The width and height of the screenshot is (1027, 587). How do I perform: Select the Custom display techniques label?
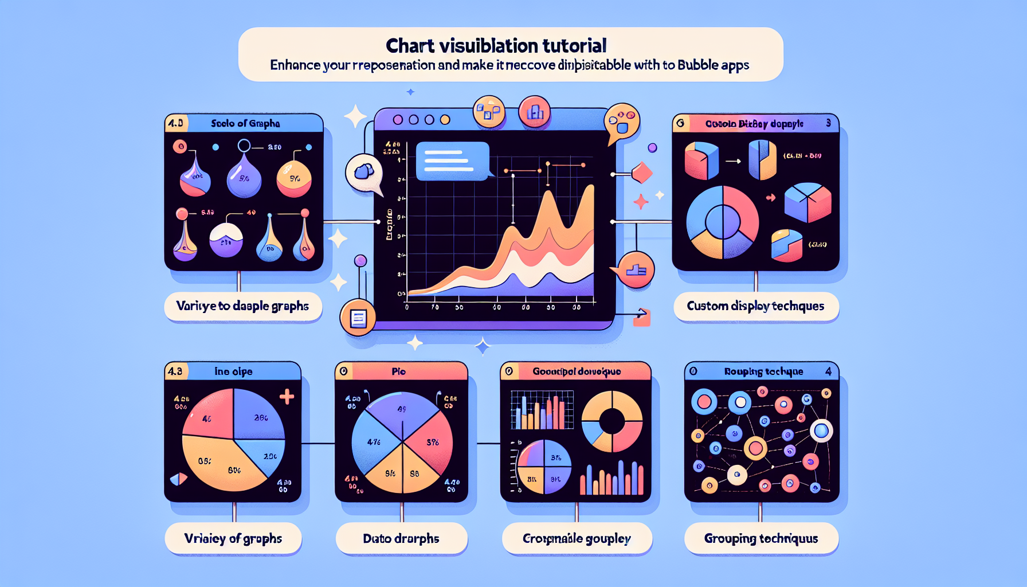[x=755, y=306]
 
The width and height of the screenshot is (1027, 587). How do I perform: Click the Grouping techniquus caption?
[x=761, y=538]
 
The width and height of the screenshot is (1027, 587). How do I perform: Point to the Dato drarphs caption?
[x=401, y=538]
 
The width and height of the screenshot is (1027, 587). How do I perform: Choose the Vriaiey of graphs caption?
[x=233, y=538]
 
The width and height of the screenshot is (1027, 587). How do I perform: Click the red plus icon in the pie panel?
[x=287, y=397]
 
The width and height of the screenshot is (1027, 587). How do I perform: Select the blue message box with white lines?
[x=452, y=161]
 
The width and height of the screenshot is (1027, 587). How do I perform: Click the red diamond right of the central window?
[x=641, y=173]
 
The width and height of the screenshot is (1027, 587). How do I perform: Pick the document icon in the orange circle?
[x=358, y=318]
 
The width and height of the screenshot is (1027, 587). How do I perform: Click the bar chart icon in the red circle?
[x=534, y=112]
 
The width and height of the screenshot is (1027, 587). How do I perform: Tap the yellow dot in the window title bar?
[x=445, y=120]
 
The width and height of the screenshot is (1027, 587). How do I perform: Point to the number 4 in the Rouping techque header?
[x=828, y=371]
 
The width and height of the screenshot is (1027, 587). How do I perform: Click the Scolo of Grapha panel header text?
[x=245, y=123]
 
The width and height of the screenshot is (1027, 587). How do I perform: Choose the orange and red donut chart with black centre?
[x=612, y=421]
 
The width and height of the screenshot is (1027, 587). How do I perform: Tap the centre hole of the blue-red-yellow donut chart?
[x=723, y=222]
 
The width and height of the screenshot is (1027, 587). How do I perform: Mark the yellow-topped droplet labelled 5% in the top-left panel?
[x=294, y=179]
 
